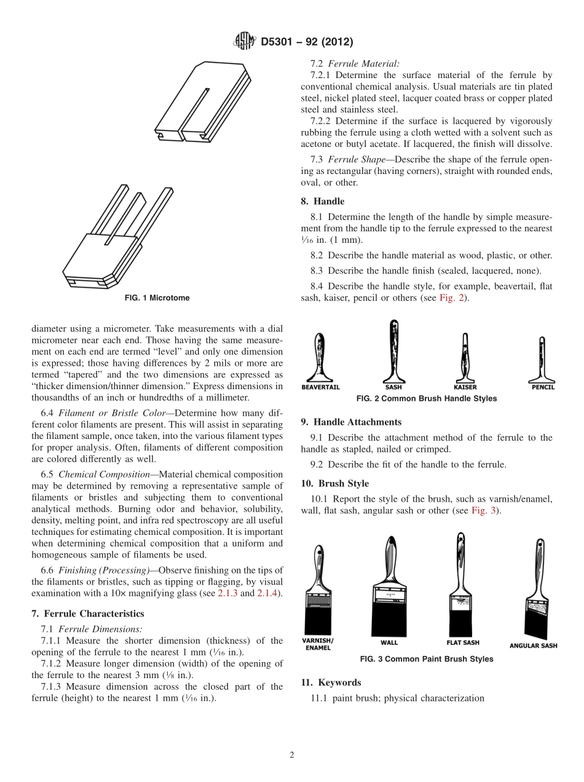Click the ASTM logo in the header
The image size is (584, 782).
245,42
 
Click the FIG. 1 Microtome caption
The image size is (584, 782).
157,298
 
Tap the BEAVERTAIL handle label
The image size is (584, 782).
320,387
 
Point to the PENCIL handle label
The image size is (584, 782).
543,387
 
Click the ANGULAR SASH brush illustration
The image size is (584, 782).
534,591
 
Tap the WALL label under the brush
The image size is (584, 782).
389,642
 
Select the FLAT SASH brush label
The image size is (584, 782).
463,643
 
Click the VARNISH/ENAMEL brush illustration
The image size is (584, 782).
318,590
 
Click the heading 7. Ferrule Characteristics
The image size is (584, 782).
87,614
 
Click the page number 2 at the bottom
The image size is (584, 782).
292,755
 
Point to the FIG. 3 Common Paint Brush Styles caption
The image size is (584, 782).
426,659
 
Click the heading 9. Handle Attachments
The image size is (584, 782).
351,422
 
